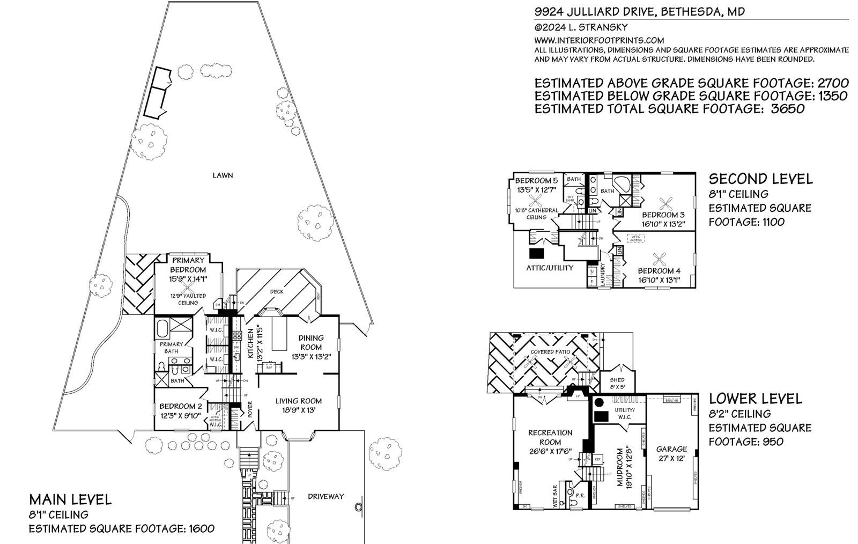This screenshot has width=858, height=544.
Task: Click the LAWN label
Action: [x=223, y=175]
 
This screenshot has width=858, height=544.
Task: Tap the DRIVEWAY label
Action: [x=326, y=497]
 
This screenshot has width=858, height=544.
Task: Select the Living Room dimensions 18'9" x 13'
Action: [x=299, y=410]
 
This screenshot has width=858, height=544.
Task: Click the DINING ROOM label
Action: [x=311, y=342]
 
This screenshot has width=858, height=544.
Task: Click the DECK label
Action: [x=277, y=291]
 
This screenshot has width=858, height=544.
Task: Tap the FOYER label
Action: [x=249, y=410]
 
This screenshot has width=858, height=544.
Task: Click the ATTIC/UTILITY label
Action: [x=550, y=267]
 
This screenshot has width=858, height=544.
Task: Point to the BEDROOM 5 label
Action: [x=536, y=180]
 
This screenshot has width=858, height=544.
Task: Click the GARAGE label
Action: [x=671, y=449]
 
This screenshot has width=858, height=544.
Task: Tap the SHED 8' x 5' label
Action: [x=618, y=383]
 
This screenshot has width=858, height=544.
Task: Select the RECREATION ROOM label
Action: [x=550, y=437]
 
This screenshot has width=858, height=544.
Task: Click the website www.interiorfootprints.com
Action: [x=599, y=40]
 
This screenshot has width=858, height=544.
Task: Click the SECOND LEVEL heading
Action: [x=760, y=179]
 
